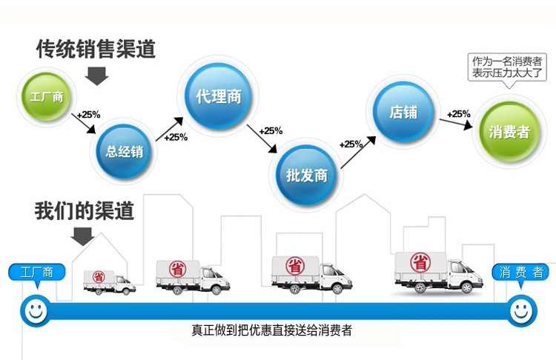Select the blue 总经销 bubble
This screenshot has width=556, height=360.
[123, 152]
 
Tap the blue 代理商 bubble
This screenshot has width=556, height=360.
[219, 96]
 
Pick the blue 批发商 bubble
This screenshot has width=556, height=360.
[306, 176]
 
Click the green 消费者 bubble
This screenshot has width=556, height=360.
[509, 133]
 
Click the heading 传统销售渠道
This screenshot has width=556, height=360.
[96, 49]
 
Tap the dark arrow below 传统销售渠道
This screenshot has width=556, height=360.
[96, 75]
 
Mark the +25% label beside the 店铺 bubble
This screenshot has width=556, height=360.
[457, 113]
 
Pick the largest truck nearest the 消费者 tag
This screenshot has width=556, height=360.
[431, 270]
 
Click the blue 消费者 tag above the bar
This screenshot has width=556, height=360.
[520, 272]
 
